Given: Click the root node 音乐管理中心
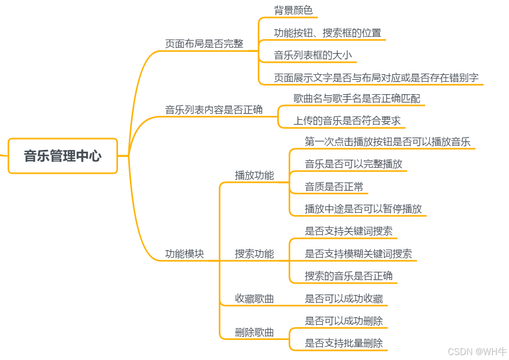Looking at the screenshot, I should pyautogui.click(x=63, y=156).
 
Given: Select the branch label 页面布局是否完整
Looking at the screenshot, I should pyautogui.click(x=204, y=44).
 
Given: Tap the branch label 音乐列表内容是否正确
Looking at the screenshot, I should pyautogui.click(x=214, y=110).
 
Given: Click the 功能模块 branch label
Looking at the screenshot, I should pyautogui.click(x=185, y=254).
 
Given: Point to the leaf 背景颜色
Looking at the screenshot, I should pyautogui.click(x=293, y=10).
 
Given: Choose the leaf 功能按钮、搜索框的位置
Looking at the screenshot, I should pyautogui.click(x=327, y=32).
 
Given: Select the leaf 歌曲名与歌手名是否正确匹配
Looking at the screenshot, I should pyautogui.click(x=356, y=99).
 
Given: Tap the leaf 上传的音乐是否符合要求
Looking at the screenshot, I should pyautogui.click(x=347, y=121).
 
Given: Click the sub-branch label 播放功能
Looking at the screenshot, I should pyautogui.click(x=255, y=175).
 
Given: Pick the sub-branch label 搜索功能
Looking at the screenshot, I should pyautogui.click(x=255, y=254).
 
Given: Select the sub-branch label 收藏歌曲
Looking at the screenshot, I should pyautogui.click(x=255, y=299).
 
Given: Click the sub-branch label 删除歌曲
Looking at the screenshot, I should pyautogui.click(x=255, y=332).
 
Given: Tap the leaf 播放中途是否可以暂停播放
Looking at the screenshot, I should pyautogui.click(x=363, y=209).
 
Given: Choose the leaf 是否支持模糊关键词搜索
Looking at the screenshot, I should pyautogui.click(x=358, y=254).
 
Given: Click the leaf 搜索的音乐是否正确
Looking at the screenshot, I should pyautogui.click(x=349, y=276).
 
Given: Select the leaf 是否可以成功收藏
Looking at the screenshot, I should pyautogui.click(x=344, y=299).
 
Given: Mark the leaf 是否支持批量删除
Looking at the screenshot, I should pyautogui.click(x=344, y=343).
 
